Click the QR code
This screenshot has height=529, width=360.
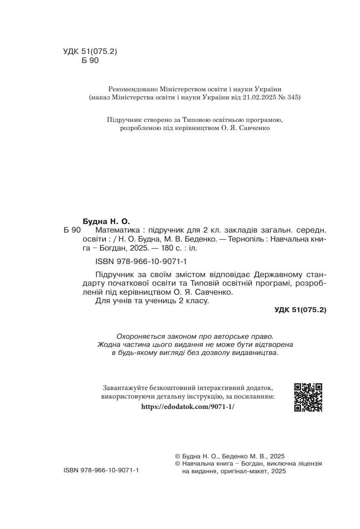pyautogui.click(x=308, y=397)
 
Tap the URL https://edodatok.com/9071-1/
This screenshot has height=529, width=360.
pyautogui.click(x=188, y=406)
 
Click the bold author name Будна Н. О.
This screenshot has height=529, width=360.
pyautogui.click(x=106, y=221)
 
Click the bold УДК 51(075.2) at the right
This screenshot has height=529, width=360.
pyautogui.click(x=300, y=310)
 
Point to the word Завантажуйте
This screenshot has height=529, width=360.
pyautogui.click(x=128, y=388)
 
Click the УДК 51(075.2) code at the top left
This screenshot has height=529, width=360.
pyautogui.click(x=90, y=51)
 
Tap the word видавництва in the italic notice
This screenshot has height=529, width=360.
pyautogui.click(x=255, y=353)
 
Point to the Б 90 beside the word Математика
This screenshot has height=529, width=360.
pyautogui.click(x=72, y=230)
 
